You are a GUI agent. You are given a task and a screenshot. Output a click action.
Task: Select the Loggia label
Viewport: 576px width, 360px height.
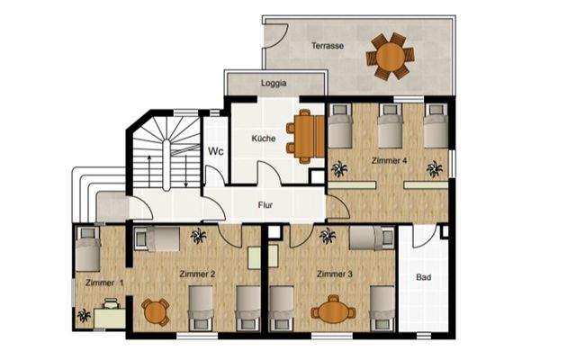tap(274, 84)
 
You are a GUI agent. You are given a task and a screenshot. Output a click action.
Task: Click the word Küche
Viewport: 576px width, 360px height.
tap(264, 139)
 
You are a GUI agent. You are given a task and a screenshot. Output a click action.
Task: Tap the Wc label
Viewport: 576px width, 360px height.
tap(216, 152)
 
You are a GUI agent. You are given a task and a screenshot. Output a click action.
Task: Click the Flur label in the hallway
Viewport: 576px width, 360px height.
tap(265, 205)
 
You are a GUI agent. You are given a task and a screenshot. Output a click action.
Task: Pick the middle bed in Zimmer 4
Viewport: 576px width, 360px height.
tap(390, 127)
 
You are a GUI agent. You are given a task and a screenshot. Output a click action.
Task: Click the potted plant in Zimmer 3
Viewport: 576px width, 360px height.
tap(328, 236)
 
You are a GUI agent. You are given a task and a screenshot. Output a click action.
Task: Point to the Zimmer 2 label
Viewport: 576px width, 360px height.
tap(195, 273)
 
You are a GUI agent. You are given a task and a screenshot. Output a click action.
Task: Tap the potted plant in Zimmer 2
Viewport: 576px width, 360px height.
tap(198, 236)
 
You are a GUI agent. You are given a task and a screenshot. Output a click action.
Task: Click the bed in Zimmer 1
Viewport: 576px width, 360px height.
tap(88, 249)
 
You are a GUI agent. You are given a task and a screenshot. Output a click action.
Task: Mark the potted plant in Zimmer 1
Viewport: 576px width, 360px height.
tap(85, 315)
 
